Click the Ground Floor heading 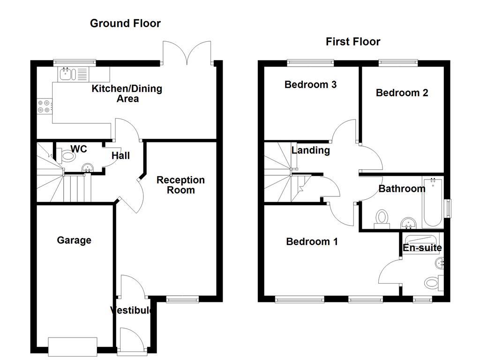coord(125,23)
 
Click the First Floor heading coord(353,42)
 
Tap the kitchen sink coord(65,74)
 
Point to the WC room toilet coord(67,155)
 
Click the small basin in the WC coord(87,168)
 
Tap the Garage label coord(74,240)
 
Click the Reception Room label coord(180,185)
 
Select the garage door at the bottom coord(73,345)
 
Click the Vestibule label coord(132,310)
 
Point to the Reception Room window coord(183,299)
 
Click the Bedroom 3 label coord(310,85)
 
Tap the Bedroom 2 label coord(402,93)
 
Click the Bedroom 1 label coord(312,242)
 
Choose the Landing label coord(310,150)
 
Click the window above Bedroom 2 coord(398,61)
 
